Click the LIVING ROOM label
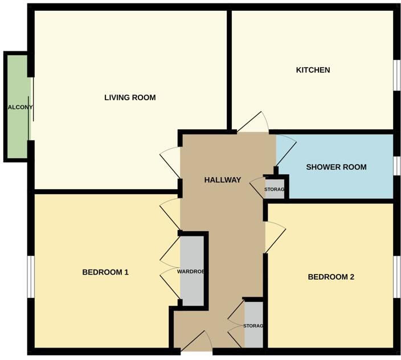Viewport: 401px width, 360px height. pos(130,97)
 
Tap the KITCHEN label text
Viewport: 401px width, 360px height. pos(313,70)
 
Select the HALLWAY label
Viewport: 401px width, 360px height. pos(223,180)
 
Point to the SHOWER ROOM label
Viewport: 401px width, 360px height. pos(336,167)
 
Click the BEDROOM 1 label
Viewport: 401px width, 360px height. pos(105,272)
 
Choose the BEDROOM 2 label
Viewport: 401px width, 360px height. pos(331,277)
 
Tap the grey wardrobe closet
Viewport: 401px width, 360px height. pos(191,271)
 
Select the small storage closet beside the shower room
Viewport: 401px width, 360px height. pos(275,189)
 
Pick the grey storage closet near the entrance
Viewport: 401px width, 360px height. pos(254,325)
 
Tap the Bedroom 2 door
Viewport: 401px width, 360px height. pos(275,236)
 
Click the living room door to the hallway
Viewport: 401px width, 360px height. pos(170,162)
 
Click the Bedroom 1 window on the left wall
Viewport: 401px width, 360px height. pos(30,276)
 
